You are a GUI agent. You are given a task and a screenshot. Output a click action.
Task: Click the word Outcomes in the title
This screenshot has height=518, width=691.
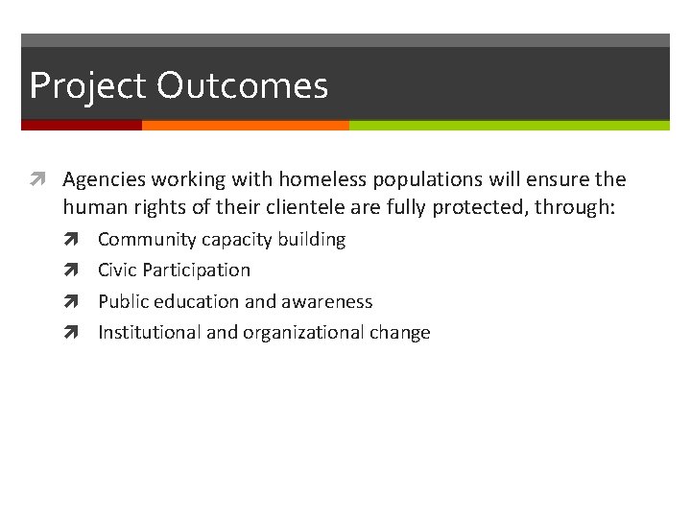pos(242,86)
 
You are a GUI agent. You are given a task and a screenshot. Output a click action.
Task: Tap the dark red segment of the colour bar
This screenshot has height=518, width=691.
pos(82,125)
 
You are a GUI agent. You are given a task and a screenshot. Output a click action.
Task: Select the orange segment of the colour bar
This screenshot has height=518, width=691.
pos(245,125)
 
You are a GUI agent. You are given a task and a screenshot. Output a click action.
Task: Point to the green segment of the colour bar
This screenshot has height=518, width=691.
pos(509,125)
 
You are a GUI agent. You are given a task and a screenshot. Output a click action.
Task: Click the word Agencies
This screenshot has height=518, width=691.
pos(103,179)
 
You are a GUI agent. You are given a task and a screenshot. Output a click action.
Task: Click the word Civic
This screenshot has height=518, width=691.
pos(117,271)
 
